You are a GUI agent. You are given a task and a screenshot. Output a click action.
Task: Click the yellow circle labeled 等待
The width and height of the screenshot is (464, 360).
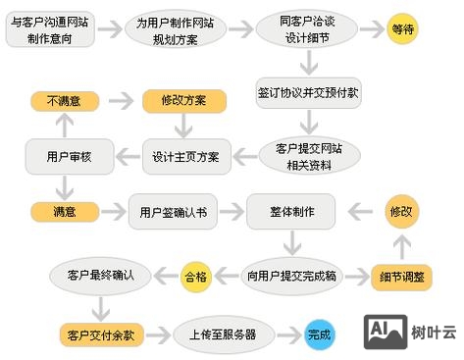(403, 29)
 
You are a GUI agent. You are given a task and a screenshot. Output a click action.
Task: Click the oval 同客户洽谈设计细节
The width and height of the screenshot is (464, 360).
(295, 29)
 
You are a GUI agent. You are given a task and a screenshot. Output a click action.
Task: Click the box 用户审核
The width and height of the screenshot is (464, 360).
(63, 156)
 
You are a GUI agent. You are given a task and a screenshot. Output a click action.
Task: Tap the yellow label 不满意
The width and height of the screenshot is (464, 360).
(63, 101)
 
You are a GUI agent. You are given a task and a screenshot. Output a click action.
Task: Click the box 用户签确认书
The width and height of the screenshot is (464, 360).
(172, 211)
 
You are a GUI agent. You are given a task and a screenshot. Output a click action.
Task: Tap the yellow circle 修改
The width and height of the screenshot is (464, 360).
(402, 211)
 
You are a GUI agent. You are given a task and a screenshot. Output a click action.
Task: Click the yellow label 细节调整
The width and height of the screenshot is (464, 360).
(401, 277)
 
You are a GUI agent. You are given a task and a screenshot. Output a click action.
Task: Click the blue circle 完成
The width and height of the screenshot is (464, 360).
(320, 334)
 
